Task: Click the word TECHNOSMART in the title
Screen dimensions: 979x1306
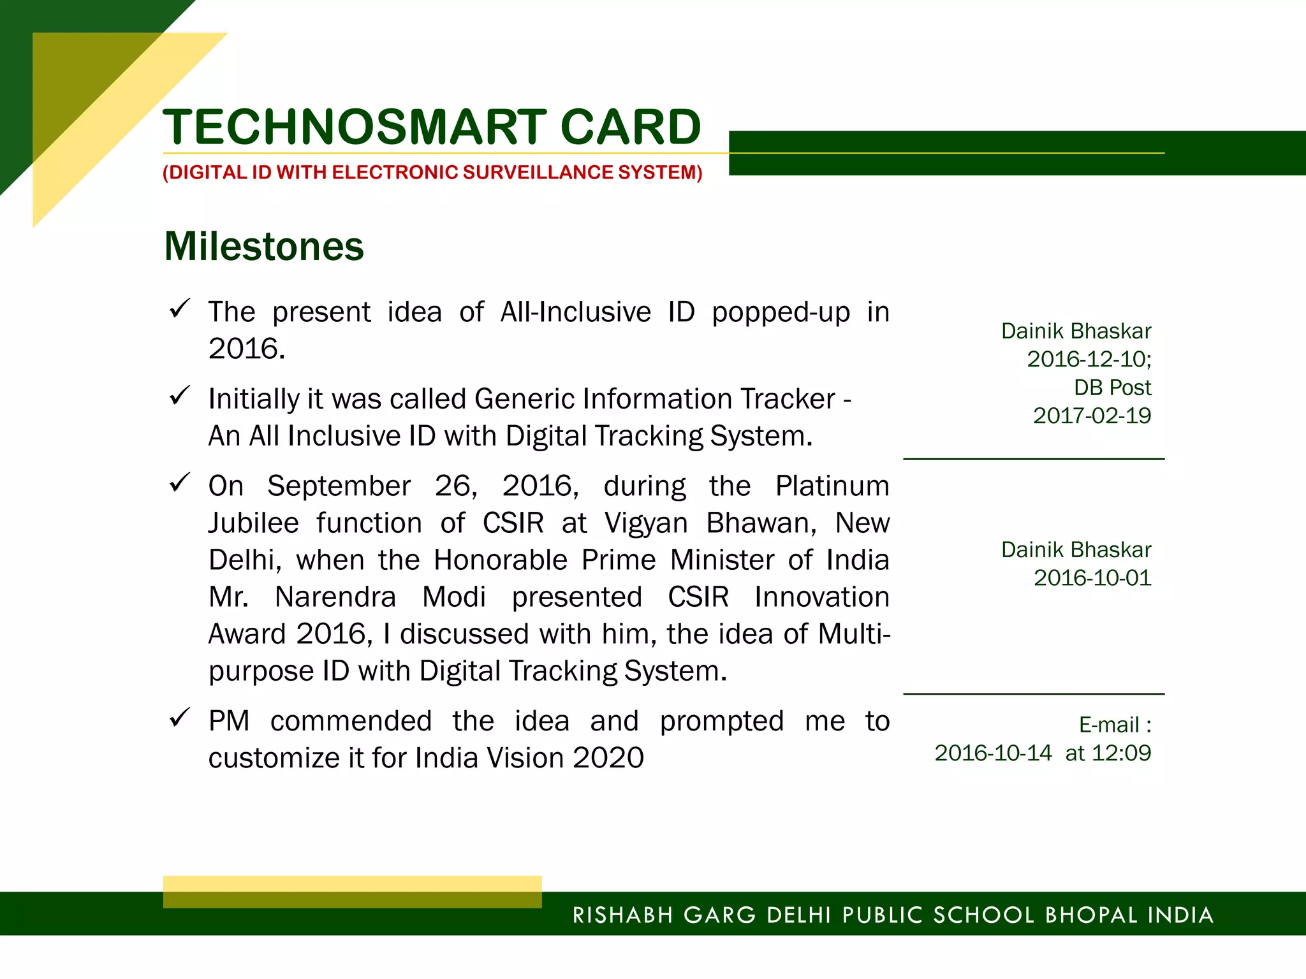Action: (355, 127)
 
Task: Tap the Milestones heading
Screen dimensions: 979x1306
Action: (264, 247)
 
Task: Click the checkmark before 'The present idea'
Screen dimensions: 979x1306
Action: (180, 308)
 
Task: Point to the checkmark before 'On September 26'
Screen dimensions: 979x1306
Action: (180, 482)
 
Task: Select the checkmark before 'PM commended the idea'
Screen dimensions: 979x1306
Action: (180, 718)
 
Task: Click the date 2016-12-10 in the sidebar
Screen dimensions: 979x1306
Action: (1087, 359)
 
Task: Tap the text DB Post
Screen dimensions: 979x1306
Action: (1112, 388)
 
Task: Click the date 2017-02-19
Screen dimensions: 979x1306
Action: (1092, 416)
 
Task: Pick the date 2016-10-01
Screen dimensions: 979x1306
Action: (1092, 578)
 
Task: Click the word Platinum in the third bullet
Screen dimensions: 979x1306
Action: (832, 486)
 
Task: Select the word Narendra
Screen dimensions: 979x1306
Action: (335, 597)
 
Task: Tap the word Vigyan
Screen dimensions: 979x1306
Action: (646, 523)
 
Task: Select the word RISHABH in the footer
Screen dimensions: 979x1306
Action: (622, 915)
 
